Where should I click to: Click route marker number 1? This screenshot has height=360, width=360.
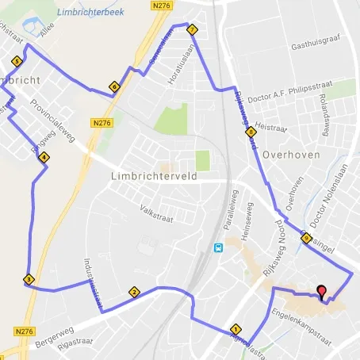coord(235,329)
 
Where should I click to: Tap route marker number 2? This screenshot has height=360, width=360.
coord(134,293)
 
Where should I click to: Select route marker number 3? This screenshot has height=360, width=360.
coord(29,279)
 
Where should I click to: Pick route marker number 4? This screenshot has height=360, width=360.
coord(44,157)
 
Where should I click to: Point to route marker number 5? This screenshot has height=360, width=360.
coord(16,61)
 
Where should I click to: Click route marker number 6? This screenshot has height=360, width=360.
coord(115,87)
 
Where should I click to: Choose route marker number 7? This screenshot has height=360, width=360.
coord(192,30)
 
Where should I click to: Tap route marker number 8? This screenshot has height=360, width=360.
coord(251,132)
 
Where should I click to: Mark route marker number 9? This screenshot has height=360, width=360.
coord(306,238)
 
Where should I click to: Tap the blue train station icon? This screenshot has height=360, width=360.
coord(218,247)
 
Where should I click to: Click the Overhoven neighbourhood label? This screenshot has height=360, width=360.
coord(291,155)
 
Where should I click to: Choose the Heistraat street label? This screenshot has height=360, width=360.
coord(270,127)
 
